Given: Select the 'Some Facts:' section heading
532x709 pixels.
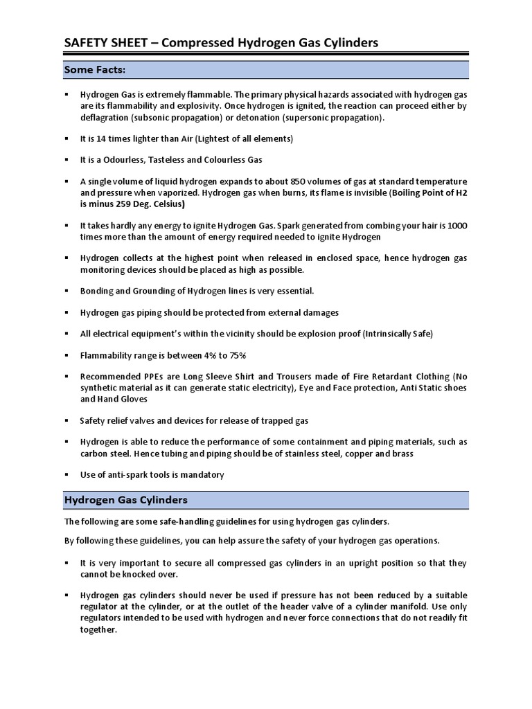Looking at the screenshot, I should point(95,70).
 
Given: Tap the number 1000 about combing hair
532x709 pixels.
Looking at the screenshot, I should point(455,226).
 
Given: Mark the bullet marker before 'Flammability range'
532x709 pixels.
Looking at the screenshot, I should point(66,355).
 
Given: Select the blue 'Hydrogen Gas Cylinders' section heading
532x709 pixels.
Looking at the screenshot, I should point(125,499).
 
